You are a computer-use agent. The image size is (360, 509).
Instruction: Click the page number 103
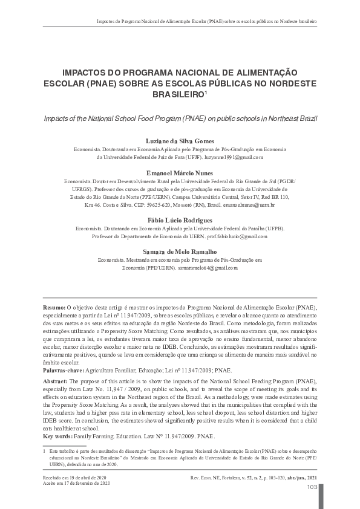tap(312, 487)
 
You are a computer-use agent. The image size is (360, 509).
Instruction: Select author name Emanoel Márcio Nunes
tap(180, 172)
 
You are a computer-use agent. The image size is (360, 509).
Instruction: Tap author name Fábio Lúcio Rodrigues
tap(180, 220)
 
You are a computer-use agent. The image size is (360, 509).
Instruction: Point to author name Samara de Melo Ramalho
tap(180, 251)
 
